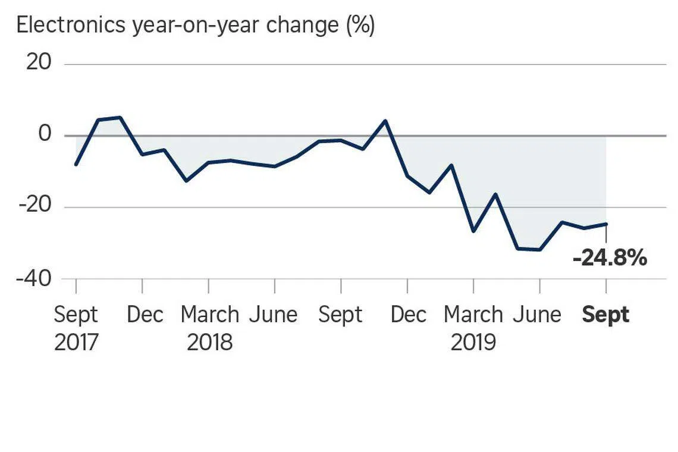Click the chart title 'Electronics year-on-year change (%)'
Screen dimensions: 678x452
tap(196, 25)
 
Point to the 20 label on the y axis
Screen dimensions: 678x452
tap(39, 62)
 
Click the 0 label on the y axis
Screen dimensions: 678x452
tap(45, 134)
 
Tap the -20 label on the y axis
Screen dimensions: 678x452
tap(35, 204)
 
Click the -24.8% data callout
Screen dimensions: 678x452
tap(610, 258)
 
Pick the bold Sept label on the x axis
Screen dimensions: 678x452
tap(605, 315)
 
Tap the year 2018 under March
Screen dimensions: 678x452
tap(210, 343)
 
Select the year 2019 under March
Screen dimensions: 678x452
tap(473, 343)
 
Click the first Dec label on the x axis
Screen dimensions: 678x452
tap(145, 315)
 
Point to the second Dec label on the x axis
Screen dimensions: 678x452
tap(409, 315)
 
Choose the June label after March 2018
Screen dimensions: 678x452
tap(274, 315)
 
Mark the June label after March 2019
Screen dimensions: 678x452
tap(537, 315)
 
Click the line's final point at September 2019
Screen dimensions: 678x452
tap(606, 224)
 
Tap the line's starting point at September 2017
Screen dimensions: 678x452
tap(76, 164)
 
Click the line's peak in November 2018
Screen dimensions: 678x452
tap(385, 121)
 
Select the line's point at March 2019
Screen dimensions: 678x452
tap(473, 231)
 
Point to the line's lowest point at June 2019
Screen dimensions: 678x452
tap(539, 250)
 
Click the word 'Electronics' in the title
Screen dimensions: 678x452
tap(71, 24)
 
